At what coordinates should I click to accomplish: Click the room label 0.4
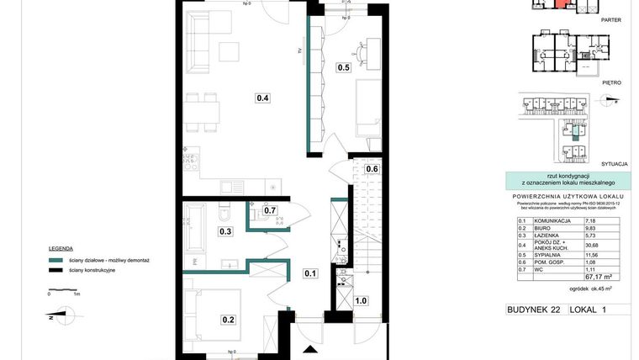262,98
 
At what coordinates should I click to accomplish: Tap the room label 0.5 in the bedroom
343,67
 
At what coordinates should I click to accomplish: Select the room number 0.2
228,319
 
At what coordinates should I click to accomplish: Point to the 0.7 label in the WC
270,210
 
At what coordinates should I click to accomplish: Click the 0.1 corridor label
311,273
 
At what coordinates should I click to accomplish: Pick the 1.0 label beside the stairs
362,300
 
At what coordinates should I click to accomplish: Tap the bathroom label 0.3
225,231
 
